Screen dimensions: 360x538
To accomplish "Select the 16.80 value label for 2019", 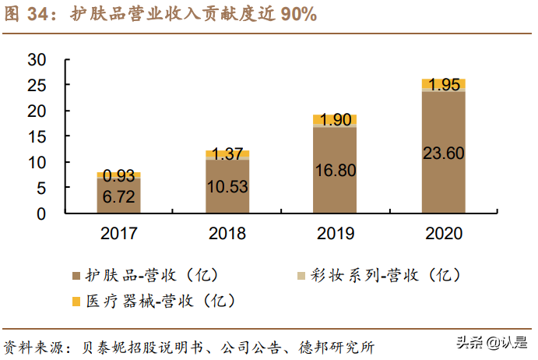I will (335, 170).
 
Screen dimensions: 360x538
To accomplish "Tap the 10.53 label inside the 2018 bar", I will (227, 187).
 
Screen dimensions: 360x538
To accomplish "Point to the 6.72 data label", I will (118, 197).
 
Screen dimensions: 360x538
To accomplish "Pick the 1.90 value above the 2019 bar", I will (335, 120).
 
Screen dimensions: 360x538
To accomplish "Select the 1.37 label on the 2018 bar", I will (227, 154).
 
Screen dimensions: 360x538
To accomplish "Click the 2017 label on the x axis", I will (118, 234).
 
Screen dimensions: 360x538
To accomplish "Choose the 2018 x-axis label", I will (227, 234).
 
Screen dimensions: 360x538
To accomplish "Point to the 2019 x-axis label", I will (335, 234).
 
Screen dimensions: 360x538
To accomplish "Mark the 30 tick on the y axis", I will (37, 60).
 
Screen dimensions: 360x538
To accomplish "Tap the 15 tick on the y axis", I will (37, 136).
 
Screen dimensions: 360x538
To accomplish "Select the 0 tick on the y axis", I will (42, 213).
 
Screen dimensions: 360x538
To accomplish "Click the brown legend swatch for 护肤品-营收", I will (76, 276).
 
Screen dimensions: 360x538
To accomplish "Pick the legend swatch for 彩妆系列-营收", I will (301, 276).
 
